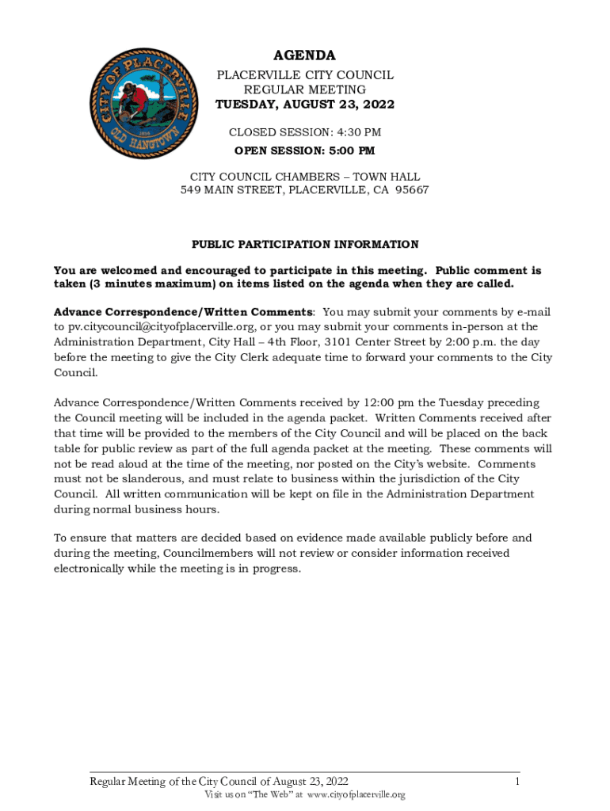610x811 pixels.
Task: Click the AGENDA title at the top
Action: click(x=305, y=55)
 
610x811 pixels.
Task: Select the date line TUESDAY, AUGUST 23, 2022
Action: click(x=305, y=105)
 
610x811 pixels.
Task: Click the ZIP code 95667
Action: click(x=411, y=191)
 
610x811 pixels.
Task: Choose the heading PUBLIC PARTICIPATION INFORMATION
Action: click(x=305, y=245)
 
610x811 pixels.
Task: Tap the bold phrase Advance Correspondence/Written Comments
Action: click(x=183, y=312)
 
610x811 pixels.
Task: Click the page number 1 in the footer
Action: click(x=516, y=782)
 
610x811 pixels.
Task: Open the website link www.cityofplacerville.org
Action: click(x=356, y=795)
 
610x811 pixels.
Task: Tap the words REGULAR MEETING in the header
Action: click(x=305, y=90)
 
